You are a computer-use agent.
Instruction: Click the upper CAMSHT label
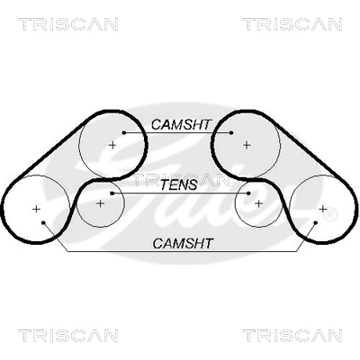point(182,125)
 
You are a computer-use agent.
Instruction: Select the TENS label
point(179,184)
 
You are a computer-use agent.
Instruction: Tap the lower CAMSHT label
point(183,243)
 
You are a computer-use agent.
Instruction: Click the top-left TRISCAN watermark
point(68,24)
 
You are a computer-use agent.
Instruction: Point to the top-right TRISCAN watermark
point(292,24)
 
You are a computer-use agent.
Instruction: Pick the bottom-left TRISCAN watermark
point(68,336)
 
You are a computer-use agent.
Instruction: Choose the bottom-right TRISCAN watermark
point(292,336)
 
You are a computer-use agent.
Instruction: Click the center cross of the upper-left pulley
point(112,145)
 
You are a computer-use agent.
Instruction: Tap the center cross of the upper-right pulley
point(247,145)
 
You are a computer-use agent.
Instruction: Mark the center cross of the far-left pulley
point(36,209)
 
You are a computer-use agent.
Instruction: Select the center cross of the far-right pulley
point(323,209)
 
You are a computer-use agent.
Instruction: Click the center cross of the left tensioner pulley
point(100,203)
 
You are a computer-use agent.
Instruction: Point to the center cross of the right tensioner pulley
point(258,203)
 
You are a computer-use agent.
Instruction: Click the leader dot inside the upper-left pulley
point(124,132)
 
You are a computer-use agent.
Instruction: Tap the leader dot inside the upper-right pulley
point(231,132)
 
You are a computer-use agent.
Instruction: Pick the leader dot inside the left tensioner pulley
point(112,193)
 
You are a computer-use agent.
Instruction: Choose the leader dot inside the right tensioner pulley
point(248,193)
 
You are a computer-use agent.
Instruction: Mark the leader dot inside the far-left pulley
point(43,222)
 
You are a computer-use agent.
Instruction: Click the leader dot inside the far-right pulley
point(316,222)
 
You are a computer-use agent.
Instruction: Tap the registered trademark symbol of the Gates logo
point(330,215)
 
